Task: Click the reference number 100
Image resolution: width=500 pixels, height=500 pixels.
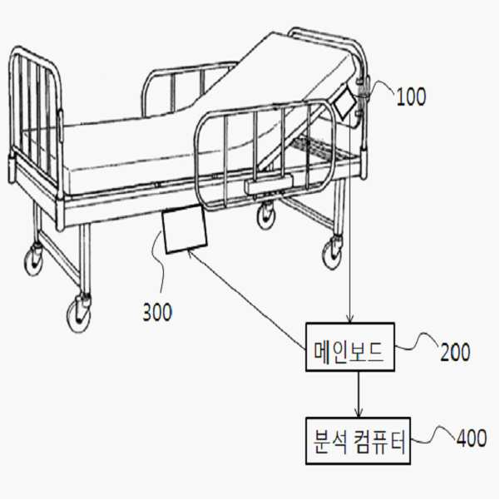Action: (x=411, y=97)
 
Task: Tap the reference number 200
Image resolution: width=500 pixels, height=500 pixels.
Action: (x=455, y=352)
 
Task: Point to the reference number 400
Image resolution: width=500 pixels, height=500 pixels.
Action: (x=472, y=438)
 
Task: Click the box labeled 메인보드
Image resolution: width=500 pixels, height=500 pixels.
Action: (x=350, y=347)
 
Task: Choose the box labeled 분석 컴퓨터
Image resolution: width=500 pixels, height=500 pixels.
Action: (x=358, y=441)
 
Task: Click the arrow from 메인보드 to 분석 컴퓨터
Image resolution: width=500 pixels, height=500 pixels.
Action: (x=359, y=394)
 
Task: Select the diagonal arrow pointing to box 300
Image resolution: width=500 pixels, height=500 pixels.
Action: (x=245, y=299)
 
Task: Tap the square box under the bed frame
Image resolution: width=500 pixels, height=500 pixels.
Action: (x=185, y=229)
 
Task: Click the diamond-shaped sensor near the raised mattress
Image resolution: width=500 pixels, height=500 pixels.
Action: (x=344, y=101)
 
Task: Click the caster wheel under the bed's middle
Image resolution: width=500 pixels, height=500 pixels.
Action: (x=266, y=215)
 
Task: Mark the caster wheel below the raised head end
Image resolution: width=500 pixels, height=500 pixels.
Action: (x=334, y=251)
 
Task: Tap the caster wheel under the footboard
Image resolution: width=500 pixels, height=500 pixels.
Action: (x=34, y=260)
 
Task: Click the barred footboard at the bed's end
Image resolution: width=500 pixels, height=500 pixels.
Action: (x=36, y=123)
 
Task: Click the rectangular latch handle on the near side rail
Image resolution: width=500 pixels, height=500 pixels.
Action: (x=268, y=185)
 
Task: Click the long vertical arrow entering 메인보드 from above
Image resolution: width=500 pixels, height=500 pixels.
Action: (x=350, y=218)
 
